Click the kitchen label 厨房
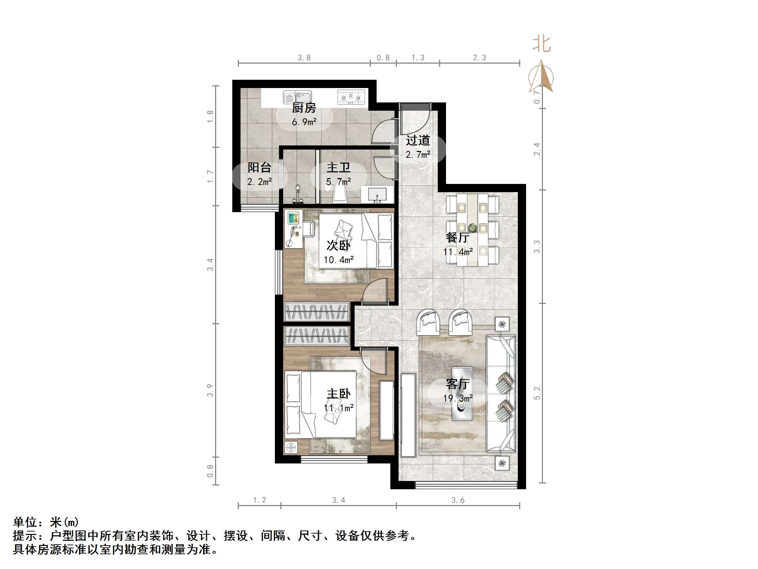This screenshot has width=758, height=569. [x=304, y=108]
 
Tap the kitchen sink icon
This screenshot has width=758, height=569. [x=297, y=98]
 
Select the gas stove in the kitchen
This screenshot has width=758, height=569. [x=351, y=97]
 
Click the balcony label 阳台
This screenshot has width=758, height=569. [x=259, y=167]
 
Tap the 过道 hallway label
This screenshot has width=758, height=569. [x=418, y=140]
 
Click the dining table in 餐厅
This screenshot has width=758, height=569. [x=472, y=229]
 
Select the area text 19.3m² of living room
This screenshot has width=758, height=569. [x=458, y=398]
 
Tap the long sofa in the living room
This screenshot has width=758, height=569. [x=501, y=394]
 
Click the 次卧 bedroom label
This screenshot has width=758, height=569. [x=338, y=245]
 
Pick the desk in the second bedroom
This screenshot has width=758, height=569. [x=295, y=229]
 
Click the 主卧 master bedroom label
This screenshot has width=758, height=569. [x=338, y=394]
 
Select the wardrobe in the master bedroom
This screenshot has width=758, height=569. [x=316, y=336]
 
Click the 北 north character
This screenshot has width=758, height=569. [x=542, y=44]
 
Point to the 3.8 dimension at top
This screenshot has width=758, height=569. [x=304, y=58]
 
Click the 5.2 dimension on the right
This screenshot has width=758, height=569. [x=537, y=393]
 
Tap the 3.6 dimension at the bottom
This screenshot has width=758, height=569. [x=458, y=500]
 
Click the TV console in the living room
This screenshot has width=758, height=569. [x=408, y=415]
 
